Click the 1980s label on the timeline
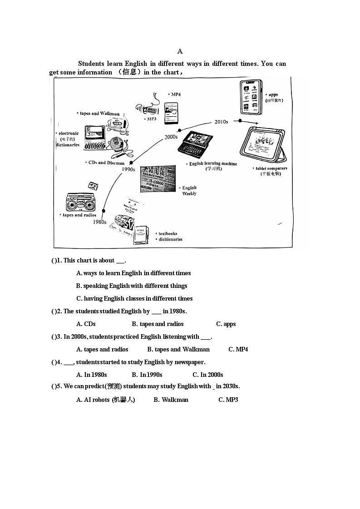click(x=99, y=222)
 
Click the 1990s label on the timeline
click(x=128, y=169)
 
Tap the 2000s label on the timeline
click(x=171, y=137)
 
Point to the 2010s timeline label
click(x=221, y=122)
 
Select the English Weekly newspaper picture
click(x=158, y=178)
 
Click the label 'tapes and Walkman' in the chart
click(x=99, y=114)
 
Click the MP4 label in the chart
click(x=175, y=94)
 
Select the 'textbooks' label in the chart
click(x=168, y=233)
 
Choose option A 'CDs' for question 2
click(x=86, y=324)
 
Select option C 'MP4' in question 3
click(x=238, y=349)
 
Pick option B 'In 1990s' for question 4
click(x=147, y=375)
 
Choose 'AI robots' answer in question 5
click(x=106, y=400)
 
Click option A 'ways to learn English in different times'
click(x=133, y=273)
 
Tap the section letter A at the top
click(x=180, y=51)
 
